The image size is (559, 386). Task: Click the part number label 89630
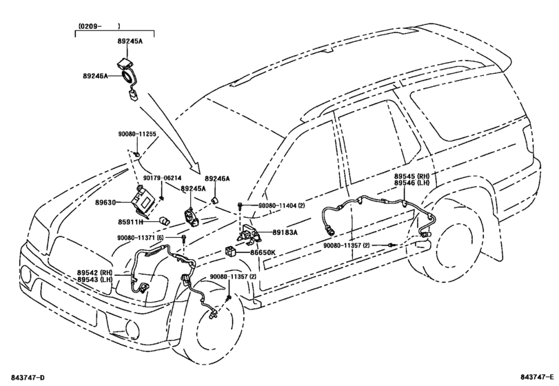(x=105, y=203)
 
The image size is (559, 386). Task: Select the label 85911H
(x=130, y=222)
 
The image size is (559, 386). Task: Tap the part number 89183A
(x=285, y=232)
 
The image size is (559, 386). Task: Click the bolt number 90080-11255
(x=137, y=134)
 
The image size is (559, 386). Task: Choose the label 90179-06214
(x=162, y=178)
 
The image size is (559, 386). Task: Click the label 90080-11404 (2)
(x=282, y=205)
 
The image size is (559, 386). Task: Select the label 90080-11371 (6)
(x=141, y=238)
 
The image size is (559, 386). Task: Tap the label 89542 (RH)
(x=94, y=272)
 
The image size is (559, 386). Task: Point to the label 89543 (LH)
(x=94, y=279)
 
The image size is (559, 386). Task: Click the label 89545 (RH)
(x=411, y=176)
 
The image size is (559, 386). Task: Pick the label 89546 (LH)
(x=411, y=183)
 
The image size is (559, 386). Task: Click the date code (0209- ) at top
(x=99, y=26)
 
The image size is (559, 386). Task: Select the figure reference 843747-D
(x=28, y=378)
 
